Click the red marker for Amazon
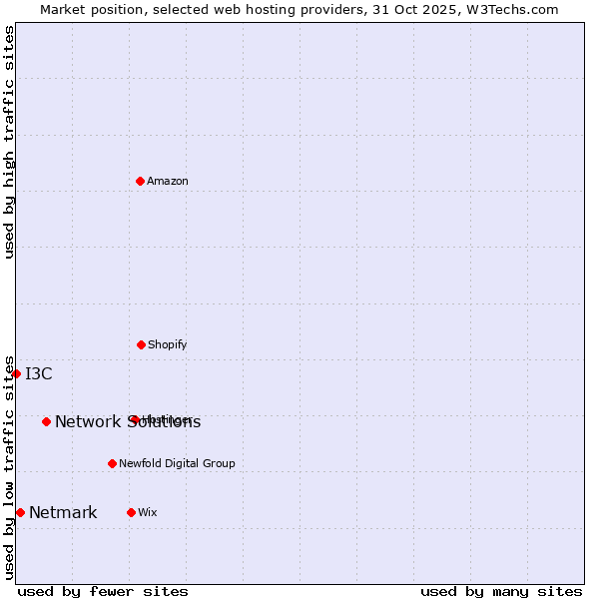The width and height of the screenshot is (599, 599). click(x=141, y=181)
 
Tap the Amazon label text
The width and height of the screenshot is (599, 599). click(x=168, y=181)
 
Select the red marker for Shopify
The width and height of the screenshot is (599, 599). click(x=141, y=344)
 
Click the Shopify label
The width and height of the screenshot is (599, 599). click(x=168, y=344)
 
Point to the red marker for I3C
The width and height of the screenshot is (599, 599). click(x=16, y=373)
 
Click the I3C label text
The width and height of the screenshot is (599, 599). click(x=39, y=374)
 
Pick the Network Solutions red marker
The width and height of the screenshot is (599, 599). click(x=46, y=421)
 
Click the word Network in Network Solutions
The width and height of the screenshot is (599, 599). click(x=88, y=422)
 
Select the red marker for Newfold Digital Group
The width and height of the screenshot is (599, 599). click(x=112, y=463)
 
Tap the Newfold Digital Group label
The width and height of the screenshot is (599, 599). click(x=177, y=463)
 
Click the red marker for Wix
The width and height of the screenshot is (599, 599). click(x=131, y=512)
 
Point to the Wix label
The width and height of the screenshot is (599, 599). click(x=148, y=512)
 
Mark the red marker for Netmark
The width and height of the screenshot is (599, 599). click(x=20, y=512)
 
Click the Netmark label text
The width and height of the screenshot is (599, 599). click(x=63, y=513)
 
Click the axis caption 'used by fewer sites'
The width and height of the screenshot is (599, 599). click(x=103, y=591)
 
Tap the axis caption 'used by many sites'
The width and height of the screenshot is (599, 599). click(x=501, y=591)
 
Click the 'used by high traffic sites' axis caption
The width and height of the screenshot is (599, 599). click(x=9, y=142)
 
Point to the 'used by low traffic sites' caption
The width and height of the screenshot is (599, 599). click(x=9, y=467)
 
